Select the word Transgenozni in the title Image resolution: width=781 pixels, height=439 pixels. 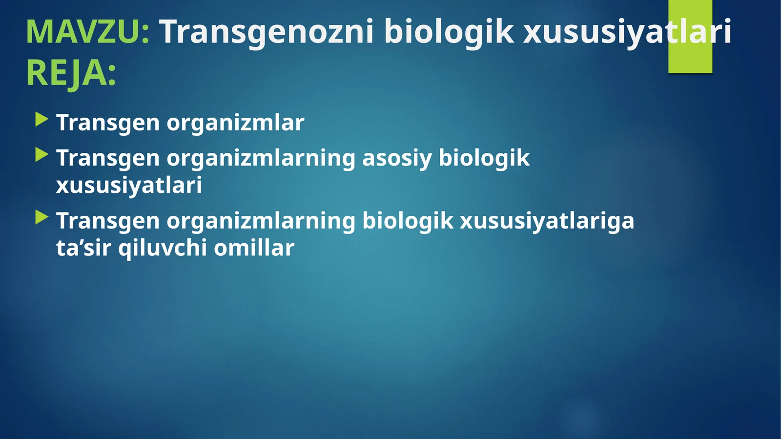point(267,32)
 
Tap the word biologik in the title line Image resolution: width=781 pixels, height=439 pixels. point(449,32)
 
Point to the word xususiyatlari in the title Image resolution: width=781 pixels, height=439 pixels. point(627,32)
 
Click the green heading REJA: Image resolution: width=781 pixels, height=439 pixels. point(71,73)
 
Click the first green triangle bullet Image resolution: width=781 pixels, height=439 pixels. point(42,120)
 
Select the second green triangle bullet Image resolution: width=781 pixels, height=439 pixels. point(42,155)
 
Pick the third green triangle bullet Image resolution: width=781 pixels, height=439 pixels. point(42,218)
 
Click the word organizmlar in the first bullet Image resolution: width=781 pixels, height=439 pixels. point(235,123)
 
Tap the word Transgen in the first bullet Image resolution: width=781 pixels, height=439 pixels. point(107,123)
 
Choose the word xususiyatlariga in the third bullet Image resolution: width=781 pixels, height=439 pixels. point(547,221)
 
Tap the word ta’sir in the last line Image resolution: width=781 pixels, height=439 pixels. point(83,248)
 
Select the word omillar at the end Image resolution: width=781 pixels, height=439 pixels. point(254,248)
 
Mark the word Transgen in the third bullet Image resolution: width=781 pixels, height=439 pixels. point(107,221)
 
